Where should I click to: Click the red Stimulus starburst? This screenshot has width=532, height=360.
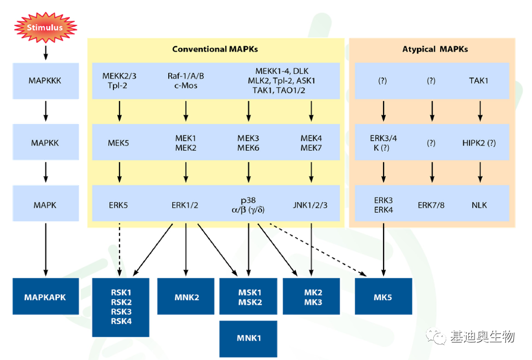(46, 27)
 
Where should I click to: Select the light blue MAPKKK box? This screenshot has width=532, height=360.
(46, 81)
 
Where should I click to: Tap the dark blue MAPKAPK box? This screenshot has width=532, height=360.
(46, 296)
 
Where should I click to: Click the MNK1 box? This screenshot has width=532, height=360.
(248, 339)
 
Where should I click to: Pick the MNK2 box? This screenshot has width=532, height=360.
(186, 296)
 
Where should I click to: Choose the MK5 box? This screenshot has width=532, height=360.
(384, 296)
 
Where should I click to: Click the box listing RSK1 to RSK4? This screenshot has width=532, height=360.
(121, 308)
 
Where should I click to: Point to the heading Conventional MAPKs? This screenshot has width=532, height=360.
(215, 49)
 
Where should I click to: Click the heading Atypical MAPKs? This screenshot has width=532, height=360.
(435, 49)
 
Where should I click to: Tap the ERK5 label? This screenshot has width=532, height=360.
(118, 205)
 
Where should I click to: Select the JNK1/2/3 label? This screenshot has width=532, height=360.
(310, 205)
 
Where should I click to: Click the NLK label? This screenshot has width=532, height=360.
(479, 205)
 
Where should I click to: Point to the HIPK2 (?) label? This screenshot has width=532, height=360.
(479, 143)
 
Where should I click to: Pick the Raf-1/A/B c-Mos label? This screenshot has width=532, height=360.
(186, 81)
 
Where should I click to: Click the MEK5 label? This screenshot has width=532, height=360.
(118, 143)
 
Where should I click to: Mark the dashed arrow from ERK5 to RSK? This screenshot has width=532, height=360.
(120, 249)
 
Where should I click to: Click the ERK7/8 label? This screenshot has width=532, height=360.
(431, 205)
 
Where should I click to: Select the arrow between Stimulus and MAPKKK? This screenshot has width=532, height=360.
(46, 53)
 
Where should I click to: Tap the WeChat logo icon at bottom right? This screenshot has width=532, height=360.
(436, 336)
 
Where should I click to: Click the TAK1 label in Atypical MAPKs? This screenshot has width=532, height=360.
(479, 81)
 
